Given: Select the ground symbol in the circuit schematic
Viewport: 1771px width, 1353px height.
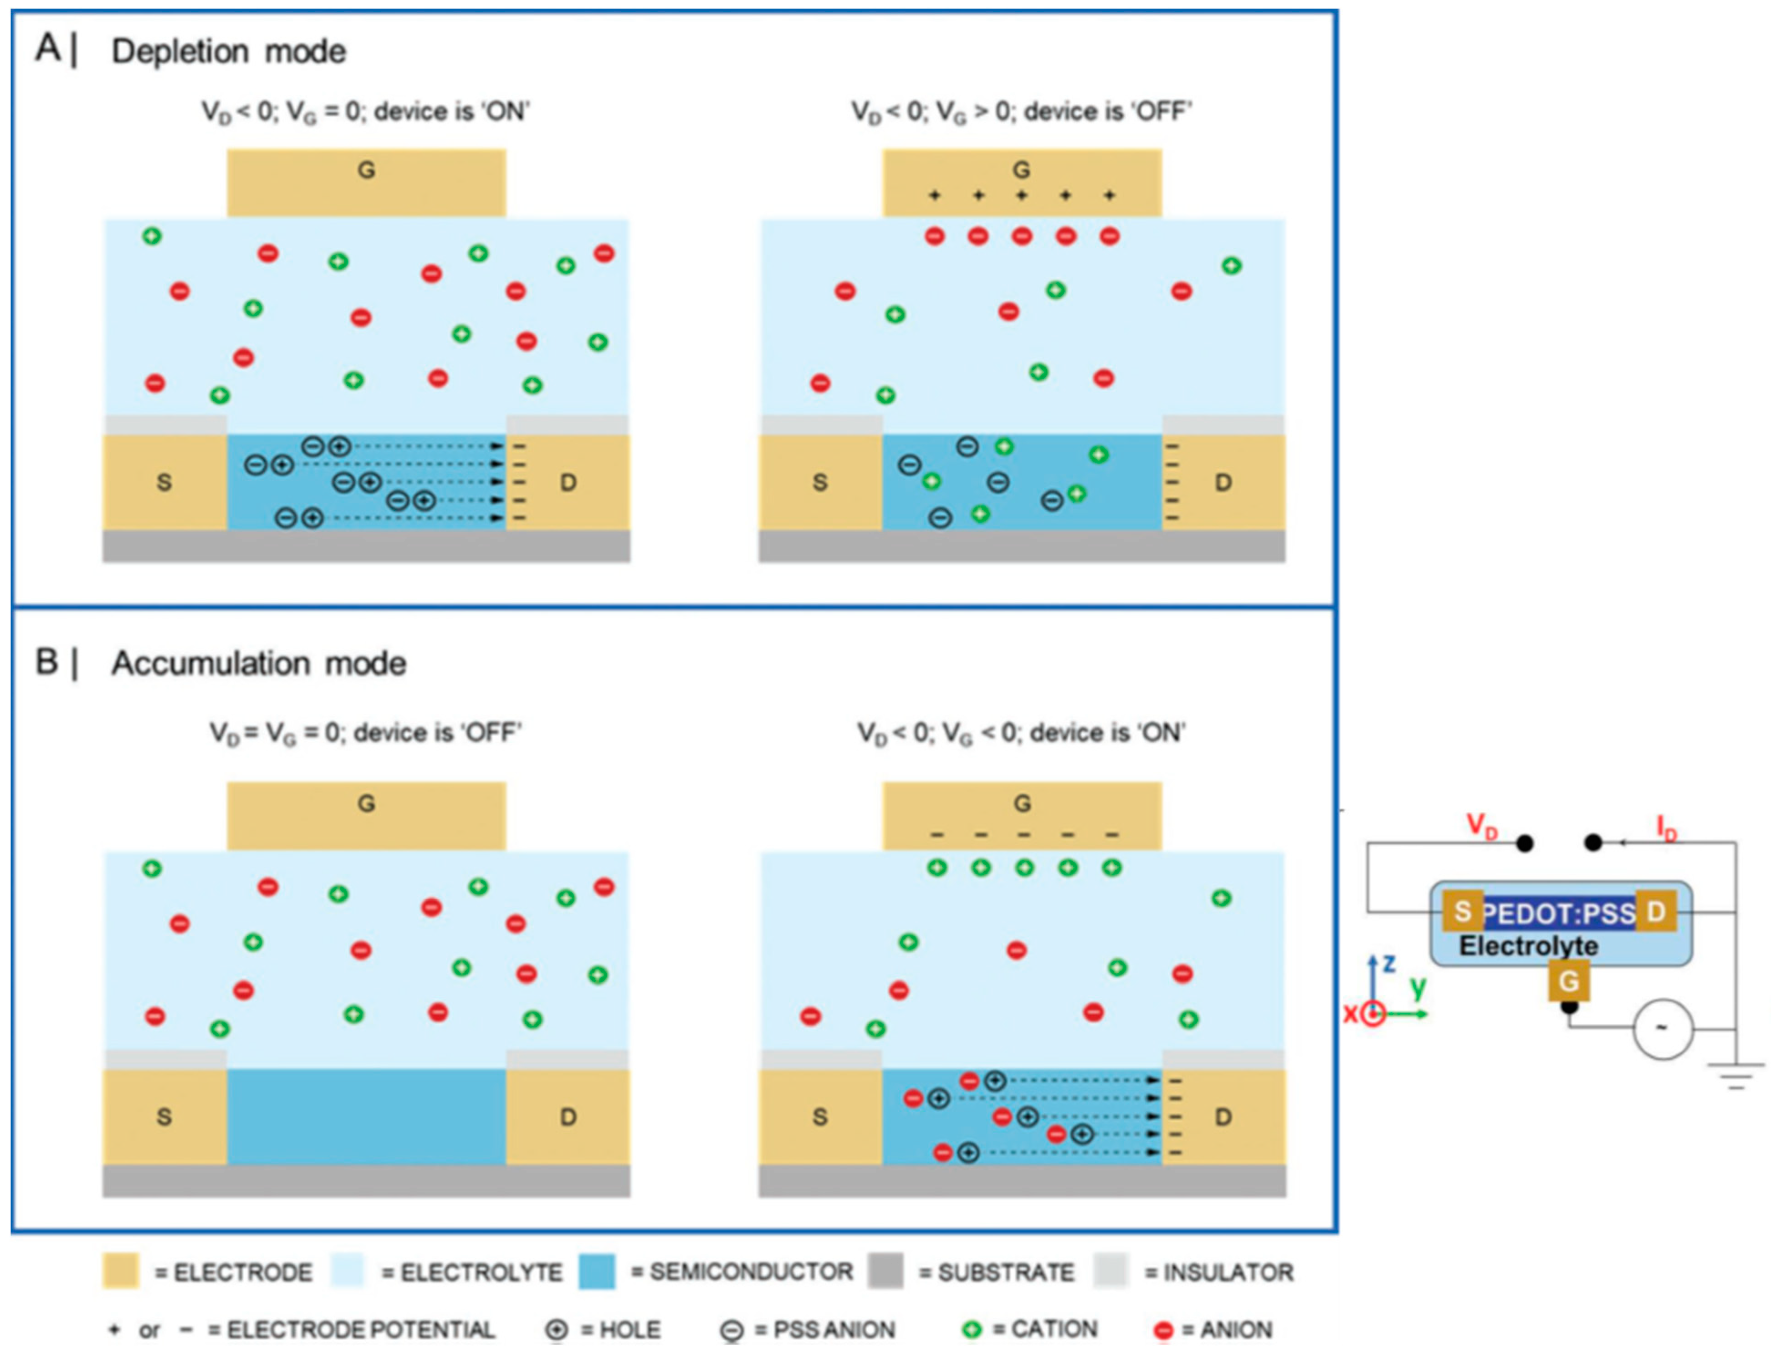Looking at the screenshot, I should pos(1735,1075).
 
